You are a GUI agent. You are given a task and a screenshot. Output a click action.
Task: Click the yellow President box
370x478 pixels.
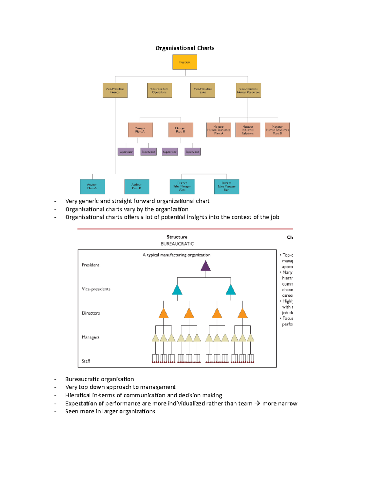click(185, 62)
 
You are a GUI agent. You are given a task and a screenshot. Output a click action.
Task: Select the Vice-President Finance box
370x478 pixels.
click(115, 90)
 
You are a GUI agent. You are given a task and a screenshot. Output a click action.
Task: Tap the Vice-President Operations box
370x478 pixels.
click(159, 90)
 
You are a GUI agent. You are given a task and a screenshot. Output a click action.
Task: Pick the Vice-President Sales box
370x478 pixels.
click(203, 90)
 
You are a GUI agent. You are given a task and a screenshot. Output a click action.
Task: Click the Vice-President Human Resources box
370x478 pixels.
click(248, 90)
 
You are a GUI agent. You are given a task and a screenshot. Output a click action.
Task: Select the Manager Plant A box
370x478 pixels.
click(140, 130)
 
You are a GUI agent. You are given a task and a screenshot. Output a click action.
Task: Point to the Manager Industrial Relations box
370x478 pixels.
click(248, 130)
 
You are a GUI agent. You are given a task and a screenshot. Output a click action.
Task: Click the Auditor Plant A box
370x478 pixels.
click(92, 187)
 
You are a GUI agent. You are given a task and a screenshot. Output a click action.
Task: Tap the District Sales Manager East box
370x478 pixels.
click(227, 187)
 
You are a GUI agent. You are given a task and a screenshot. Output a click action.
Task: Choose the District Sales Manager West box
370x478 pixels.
click(182, 187)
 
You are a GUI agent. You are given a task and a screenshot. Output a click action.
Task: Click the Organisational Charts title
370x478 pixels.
click(185, 48)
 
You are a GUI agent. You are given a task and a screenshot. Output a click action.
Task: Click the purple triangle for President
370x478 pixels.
click(205, 266)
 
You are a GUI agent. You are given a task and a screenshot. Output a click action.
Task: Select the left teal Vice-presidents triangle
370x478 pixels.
click(177, 290)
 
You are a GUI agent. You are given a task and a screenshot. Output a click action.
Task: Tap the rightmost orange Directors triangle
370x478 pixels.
click(243, 314)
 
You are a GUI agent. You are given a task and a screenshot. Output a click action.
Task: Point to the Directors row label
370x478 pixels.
click(91, 313)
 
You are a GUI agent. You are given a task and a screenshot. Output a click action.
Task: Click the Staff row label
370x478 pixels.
click(86, 361)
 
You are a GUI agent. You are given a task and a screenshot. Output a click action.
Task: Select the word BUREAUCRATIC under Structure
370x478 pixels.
click(177, 244)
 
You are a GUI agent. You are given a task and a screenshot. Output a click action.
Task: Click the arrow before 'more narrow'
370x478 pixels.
click(257, 403)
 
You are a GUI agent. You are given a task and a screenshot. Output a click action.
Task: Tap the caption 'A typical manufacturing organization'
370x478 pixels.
click(176, 255)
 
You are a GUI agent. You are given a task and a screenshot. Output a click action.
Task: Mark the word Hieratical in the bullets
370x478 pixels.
click(78, 395)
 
